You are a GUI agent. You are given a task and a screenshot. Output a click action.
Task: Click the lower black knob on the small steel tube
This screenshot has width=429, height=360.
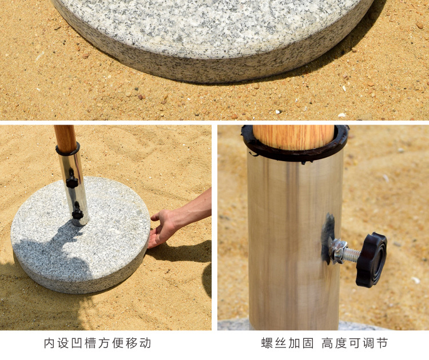[77, 211]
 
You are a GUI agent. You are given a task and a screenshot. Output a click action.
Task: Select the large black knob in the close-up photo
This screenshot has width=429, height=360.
[371, 259]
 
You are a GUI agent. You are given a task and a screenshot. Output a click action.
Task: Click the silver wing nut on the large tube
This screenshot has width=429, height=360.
[336, 251]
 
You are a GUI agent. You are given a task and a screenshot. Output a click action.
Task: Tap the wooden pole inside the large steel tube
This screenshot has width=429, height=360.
[293, 137]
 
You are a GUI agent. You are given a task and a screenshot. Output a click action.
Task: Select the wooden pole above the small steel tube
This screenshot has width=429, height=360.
[65, 139]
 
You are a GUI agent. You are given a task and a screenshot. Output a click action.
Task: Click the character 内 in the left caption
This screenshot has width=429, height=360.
[50, 343]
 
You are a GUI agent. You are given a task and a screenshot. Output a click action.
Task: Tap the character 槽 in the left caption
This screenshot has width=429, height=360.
[90, 343]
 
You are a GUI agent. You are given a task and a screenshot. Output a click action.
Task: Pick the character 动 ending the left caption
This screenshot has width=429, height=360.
[145, 343]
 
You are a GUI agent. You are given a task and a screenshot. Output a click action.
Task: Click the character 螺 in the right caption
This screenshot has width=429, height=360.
[267, 343]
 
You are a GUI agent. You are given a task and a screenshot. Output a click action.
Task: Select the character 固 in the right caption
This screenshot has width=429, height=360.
[308, 343]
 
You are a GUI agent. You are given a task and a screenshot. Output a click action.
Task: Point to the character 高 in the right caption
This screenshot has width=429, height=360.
[327, 343]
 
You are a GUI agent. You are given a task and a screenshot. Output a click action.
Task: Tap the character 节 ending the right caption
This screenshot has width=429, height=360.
[382, 343]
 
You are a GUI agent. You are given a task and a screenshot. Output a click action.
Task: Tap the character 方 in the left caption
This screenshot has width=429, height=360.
[104, 343]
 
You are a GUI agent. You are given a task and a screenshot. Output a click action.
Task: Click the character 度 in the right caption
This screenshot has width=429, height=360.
[341, 343]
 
